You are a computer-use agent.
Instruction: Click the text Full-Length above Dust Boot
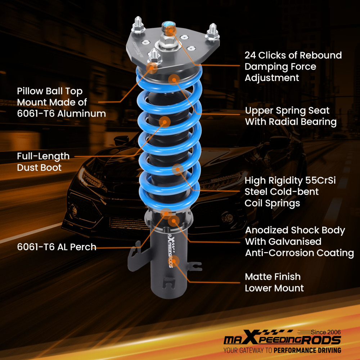(43, 156)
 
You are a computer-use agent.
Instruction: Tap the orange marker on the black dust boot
(165, 122)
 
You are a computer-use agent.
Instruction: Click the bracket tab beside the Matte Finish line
(195, 267)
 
